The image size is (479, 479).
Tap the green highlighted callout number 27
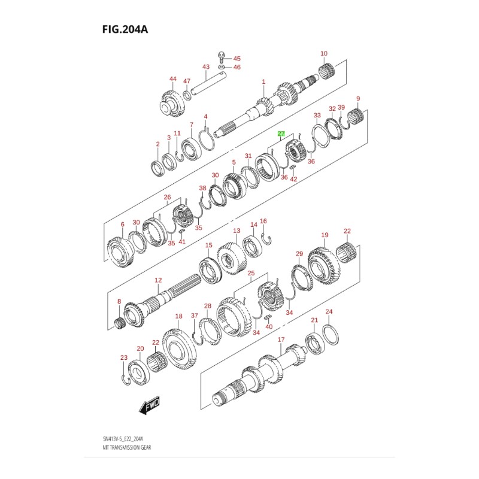281,135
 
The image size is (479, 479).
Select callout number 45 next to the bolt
237,59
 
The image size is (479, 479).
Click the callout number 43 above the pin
205,66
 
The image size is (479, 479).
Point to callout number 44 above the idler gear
173,79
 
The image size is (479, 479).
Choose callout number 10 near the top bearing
324,54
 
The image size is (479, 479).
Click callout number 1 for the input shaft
263,82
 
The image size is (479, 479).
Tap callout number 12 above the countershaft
158,280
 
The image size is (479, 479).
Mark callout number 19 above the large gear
325,235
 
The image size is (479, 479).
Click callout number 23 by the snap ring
124,358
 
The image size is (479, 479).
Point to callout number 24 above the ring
328,312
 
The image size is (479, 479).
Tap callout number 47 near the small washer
186,81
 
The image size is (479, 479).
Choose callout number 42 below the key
293,178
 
